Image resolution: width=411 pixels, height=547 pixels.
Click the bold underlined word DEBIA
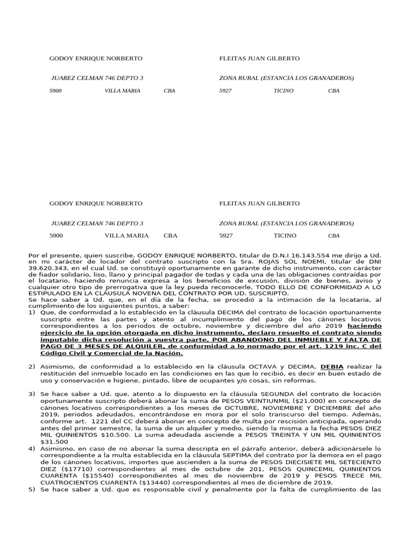tap(332, 366)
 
